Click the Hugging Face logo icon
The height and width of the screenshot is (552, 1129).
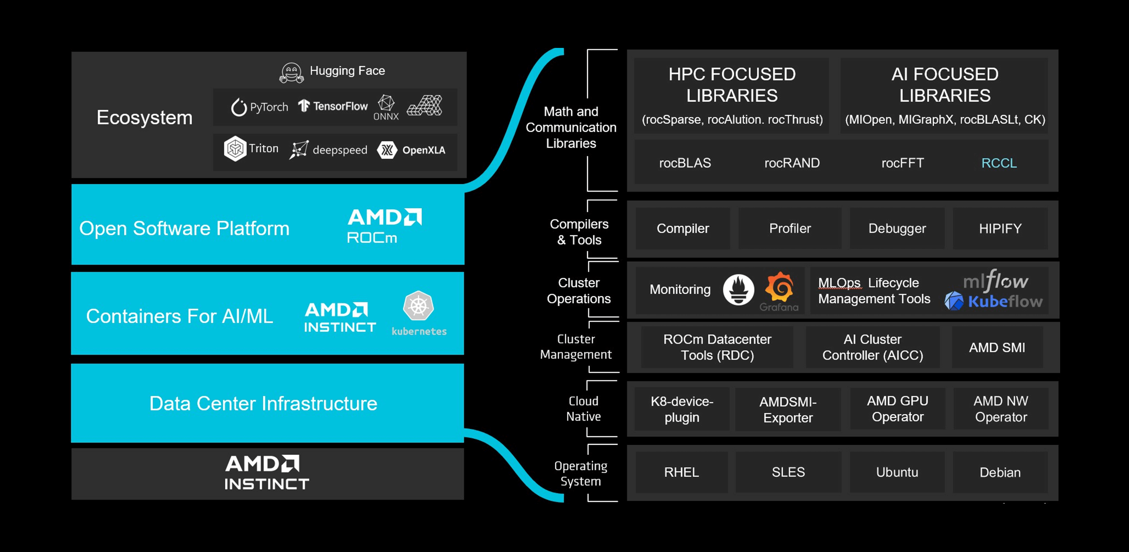click(291, 73)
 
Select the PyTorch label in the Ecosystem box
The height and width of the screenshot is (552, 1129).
click(260, 107)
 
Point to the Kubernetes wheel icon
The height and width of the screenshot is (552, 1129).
click(418, 306)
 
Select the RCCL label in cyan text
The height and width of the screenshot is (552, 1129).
click(999, 163)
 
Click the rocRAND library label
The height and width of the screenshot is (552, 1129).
click(792, 163)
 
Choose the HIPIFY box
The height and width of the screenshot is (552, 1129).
click(1000, 229)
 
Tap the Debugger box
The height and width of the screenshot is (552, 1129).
click(897, 229)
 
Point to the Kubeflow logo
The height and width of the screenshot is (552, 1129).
click(994, 302)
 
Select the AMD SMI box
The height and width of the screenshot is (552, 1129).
click(997, 348)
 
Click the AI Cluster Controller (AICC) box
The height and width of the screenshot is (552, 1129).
click(872, 348)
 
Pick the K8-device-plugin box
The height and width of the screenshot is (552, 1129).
click(682, 409)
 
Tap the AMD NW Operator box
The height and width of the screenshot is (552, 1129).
click(1001, 409)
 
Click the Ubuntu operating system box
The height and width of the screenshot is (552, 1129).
click(897, 472)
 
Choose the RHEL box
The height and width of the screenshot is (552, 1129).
click(682, 472)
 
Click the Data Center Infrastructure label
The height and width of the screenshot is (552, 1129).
click(263, 403)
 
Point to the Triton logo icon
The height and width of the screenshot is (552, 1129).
click(235, 149)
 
